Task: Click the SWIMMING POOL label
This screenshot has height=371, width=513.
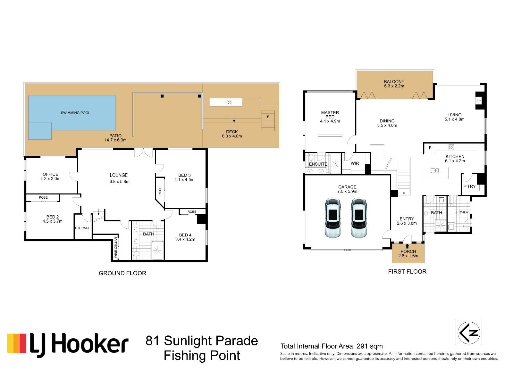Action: click(x=75, y=113)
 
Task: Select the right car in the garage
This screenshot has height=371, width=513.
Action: click(x=359, y=218)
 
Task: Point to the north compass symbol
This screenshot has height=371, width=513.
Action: click(x=469, y=333)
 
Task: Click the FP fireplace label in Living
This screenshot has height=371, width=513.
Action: click(x=478, y=101)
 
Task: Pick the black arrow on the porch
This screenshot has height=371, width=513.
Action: click(x=407, y=246)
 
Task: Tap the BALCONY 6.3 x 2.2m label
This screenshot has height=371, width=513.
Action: click(x=394, y=84)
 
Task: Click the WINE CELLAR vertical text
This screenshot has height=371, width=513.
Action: click(x=116, y=247)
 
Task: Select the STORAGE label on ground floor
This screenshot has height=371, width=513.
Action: click(x=83, y=228)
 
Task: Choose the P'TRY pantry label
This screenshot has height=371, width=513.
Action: click(x=469, y=186)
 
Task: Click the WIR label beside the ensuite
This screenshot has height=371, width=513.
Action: click(x=355, y=163)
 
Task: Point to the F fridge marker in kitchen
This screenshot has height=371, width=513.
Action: click(x=430, y=148)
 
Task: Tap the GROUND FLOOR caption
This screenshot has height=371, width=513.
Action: click(x=122, y=273)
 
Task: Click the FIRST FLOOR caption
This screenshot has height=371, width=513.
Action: click(x=407, y=271)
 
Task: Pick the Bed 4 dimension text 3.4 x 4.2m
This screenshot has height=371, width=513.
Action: click(x=185, y=239)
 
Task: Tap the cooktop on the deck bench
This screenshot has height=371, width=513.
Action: click(x=229, y=102)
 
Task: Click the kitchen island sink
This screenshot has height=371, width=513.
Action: click(x=434, y=170)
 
